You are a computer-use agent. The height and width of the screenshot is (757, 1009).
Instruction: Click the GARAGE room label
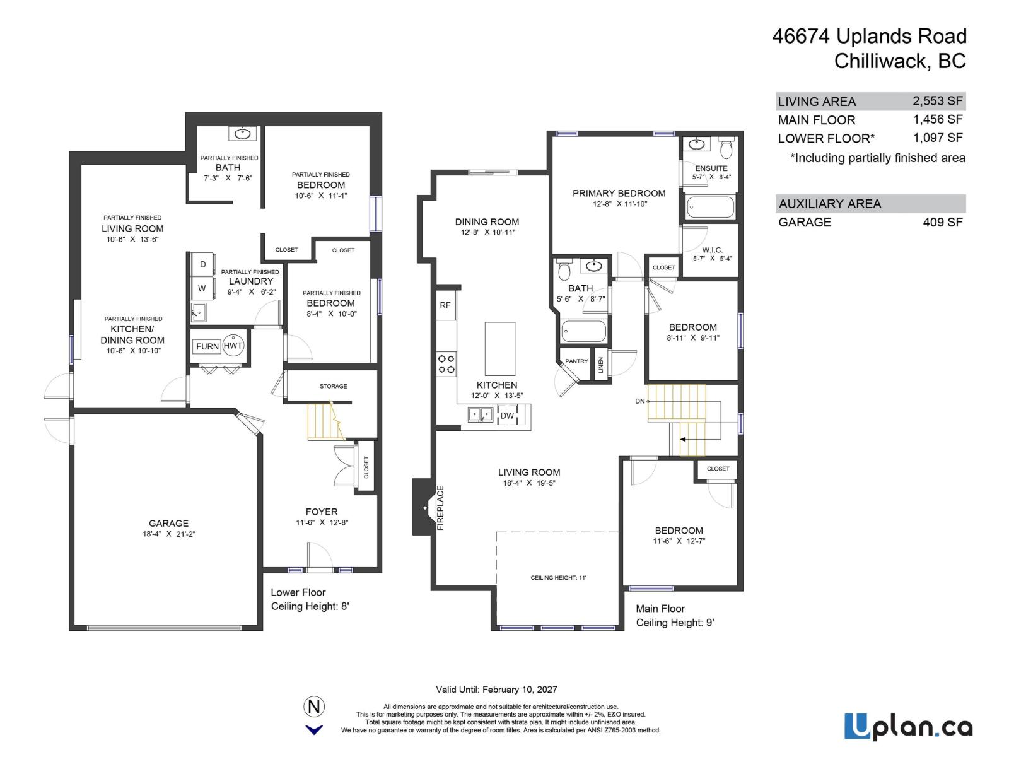pyautogui.click(x=168, y=523)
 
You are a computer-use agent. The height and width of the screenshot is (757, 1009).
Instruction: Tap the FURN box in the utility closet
pyautogui.click(x=207, y=346)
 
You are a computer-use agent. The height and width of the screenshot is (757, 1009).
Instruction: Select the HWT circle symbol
pyautogui.click(x=233, y=346)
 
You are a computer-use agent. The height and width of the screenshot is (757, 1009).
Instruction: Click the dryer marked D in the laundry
pyautogui.click(x=202, y=264)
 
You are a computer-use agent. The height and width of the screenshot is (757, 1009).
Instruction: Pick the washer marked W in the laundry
pyautogui.click(x=202, y=288)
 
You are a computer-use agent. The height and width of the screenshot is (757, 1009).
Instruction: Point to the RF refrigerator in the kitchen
pyautogui.click(x=445, y=305)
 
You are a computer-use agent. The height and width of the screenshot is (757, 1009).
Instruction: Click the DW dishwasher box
pyautogui.click(x=507, y=416)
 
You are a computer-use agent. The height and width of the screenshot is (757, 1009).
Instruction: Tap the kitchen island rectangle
pyautogui.click(x=499, y=349)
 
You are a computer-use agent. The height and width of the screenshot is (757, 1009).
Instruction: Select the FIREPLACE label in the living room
pyautogui.click(x=441, y=507)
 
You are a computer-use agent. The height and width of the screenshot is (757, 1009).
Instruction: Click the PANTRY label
pyautogui.click(x=576, y=361)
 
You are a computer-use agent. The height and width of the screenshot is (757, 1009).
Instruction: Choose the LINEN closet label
pyautogui.click(x=601, y=365)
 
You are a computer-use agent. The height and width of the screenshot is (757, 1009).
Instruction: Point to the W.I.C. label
pyautogui.click(x=712, y=250)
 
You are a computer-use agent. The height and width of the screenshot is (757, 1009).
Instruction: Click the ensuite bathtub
pyautogui.click(x=711, y=206)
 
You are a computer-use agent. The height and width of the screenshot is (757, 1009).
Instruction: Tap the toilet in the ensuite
pyautogui.click(x=726, y=149)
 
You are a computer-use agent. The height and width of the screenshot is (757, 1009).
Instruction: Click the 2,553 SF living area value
pyautogui.click(x=937, y=101)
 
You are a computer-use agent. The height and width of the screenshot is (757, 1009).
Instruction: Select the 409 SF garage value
pyautogui.click(x=942, y=222)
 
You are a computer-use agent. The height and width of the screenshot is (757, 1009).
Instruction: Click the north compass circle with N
pyautogui.click(x=314, y=706)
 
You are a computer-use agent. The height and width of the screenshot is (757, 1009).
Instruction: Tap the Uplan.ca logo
pyautogui.click(x=908, y=727)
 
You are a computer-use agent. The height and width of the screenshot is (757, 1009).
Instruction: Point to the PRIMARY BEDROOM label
pyautogui.click(x=619, y=193)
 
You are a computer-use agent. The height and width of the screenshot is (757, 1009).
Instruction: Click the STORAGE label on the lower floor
pyautogui.click(x=333, y=386)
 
